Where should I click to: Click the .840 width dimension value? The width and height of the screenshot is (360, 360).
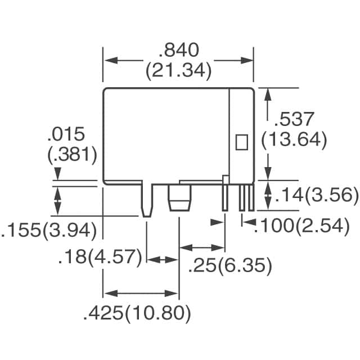(178, 51)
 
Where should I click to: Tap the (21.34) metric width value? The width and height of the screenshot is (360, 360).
(178, 71)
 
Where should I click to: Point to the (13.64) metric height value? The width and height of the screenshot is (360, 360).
(295, 139)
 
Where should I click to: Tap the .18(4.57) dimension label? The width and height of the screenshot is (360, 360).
(99, 258)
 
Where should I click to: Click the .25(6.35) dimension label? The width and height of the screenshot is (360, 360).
(229, 265)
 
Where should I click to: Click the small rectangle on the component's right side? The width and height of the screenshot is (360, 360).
(241, 141)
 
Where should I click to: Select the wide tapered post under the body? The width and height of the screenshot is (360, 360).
(179, 200)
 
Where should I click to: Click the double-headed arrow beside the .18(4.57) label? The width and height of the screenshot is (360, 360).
(163, 259)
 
